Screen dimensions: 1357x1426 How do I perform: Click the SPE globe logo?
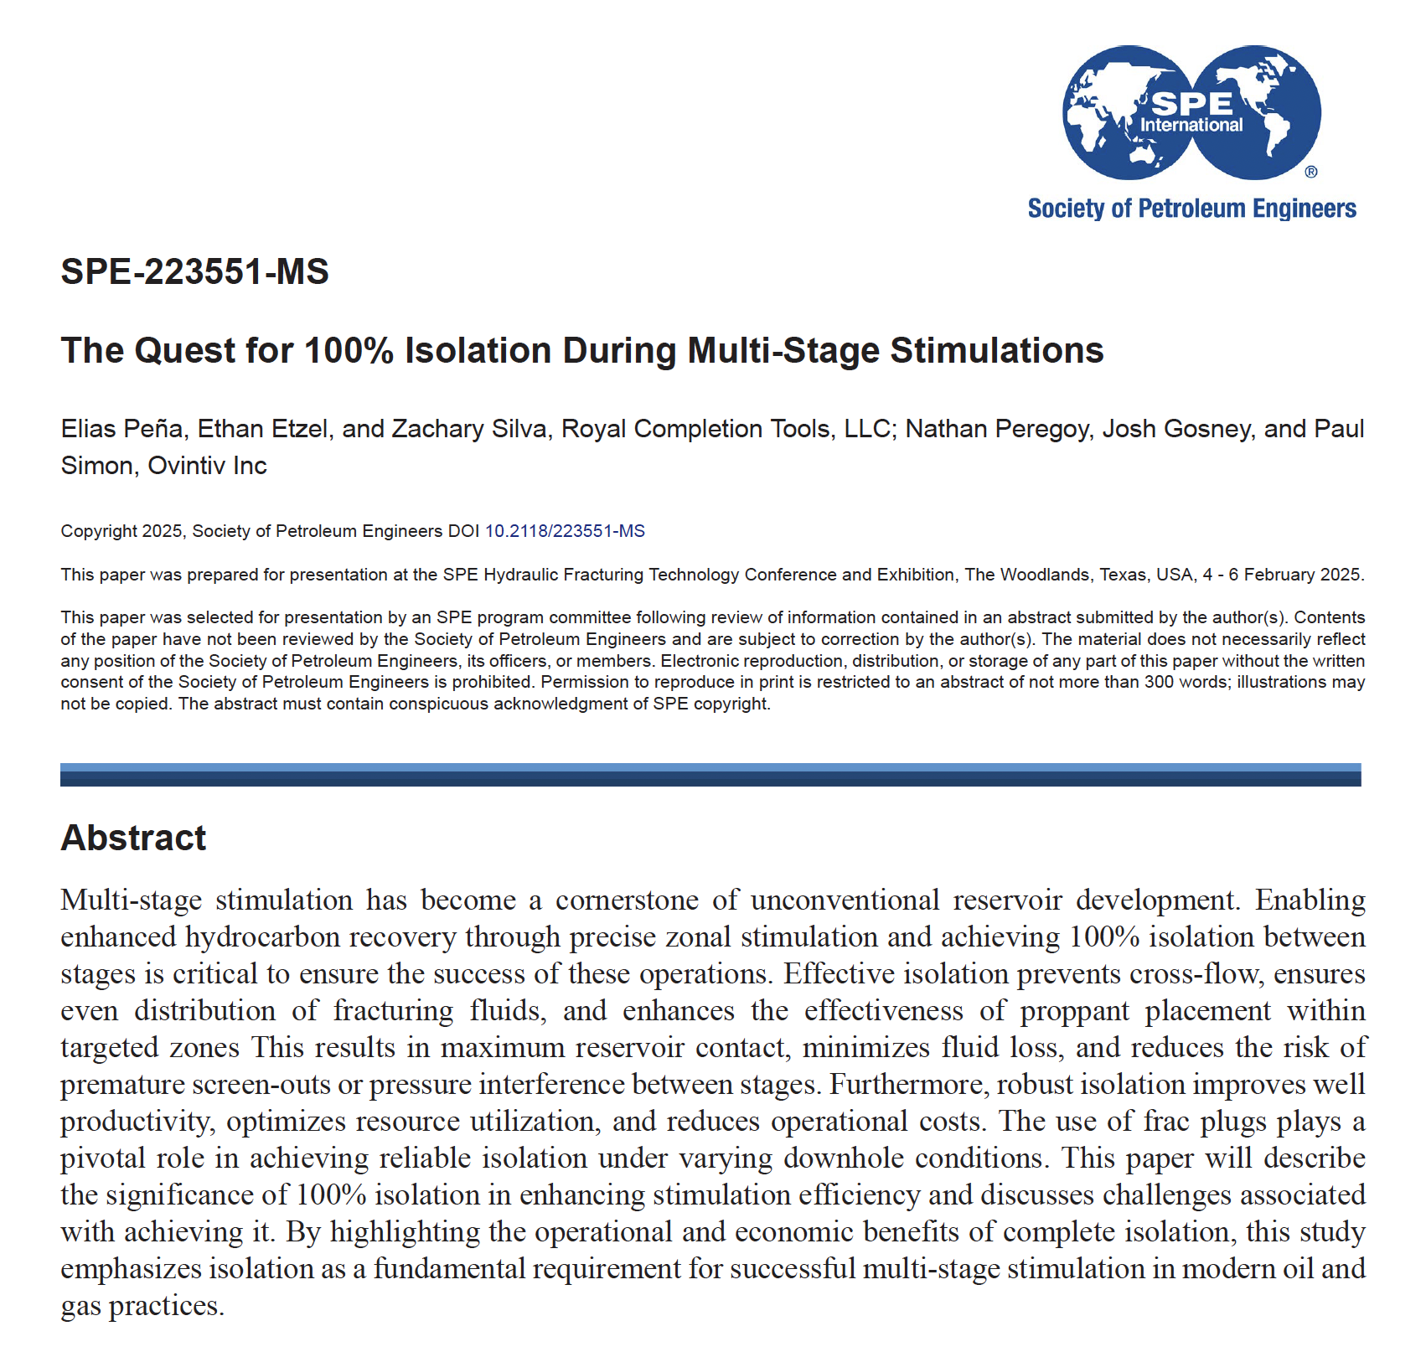pyautogui.click(x=1191, y=112)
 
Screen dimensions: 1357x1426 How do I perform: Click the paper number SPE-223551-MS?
pyautogui.click(x=194, y=271)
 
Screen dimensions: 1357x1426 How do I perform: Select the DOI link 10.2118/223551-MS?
pyautogui.click(x=565, y=531)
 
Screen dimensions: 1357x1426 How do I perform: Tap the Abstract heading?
pyautogui.click(x=133, y=838)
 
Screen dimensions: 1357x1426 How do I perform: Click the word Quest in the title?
pyautogui.click(x=184, y=350)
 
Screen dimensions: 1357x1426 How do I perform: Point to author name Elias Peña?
pyautogui.click(x=121, y=429)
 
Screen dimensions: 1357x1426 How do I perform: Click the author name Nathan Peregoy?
pyautogui.click(x=997, y=429)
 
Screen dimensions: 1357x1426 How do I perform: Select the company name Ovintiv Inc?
pyautogui.click(x=207, y=466)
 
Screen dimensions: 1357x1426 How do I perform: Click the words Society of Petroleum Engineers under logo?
pyautogui.click(x=1191, y=209)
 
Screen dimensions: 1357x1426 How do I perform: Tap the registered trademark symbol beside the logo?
pyautogui.click(x=1311, y=172)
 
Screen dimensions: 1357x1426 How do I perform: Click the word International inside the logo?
pyautogui.click(x=1191, y=126)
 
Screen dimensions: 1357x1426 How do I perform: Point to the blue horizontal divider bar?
pyautogui.click(x=710, y=775)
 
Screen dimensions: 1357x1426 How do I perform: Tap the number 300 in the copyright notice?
pyautogui.click(x=1159, y=682)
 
